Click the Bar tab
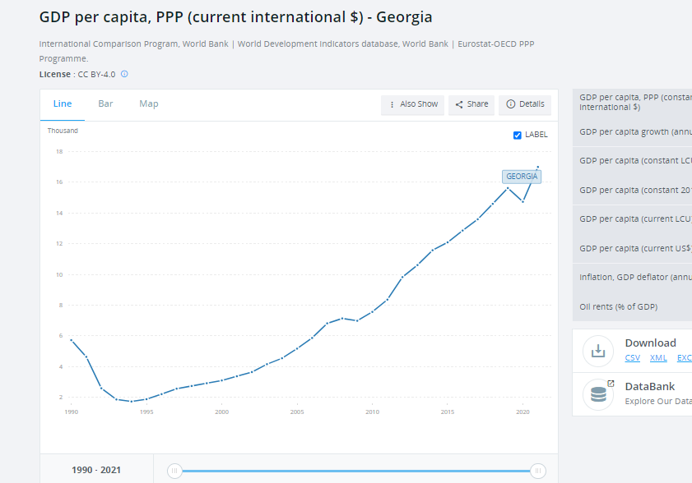click(105, 103)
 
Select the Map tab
click(149, 103)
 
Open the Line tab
click(63, 103)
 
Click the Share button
click(471, 104)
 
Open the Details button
click(525, 104)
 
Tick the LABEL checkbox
click(518, 135)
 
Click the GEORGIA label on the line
click(522, 177)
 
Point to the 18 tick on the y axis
click(59, 151)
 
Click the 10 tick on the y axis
click(59, 274)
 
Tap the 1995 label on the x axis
click(146, 412)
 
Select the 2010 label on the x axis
click(372, 412)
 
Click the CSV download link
click(632, 358)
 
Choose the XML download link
click(658, 358)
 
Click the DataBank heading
click(649, 386)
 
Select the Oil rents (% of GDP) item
click(619, 306)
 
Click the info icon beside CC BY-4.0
click(124, 74)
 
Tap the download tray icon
click(598, 350)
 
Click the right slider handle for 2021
click(537, 471)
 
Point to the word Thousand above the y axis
click(63, 131)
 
